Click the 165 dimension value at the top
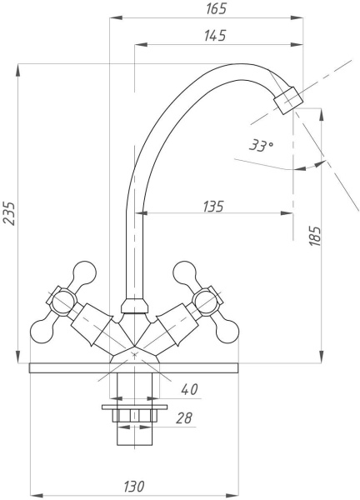[216, 8]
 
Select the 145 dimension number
[215, 35]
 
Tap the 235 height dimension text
[9, 213]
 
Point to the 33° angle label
[261, 145]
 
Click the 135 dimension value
[213, 207]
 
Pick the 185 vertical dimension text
[315, 236]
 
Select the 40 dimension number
[189, 389]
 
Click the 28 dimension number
[184, 418]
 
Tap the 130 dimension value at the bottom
[134, 487]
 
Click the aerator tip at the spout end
[288, 100]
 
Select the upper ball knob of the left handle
[84, 273]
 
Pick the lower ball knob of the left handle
[42, 332]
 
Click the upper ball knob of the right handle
[185, 273]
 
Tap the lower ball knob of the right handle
[227, 332]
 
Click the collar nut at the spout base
[134, 306]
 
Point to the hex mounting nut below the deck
[134, 416]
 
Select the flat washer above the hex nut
[134, 407]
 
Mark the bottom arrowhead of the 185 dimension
[322, 357]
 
